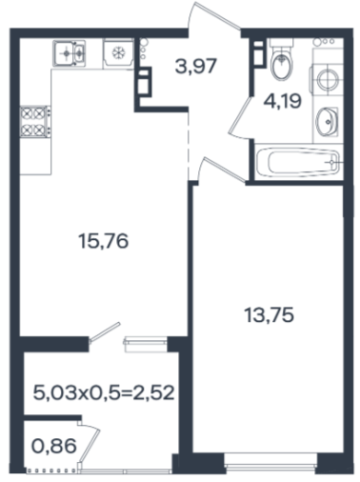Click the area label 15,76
click(x=103, y=241)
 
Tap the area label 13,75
click(x=270, y=315)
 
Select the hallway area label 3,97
click(x=196, y=66)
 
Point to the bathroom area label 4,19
click(x=282, y=102)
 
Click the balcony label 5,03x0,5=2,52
click(x=104, y=393)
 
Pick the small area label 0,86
click(x=54, y=446)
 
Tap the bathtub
click(x=298, y=162)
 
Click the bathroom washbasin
click(x=327, y=122)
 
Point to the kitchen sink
click(x=70, y=53)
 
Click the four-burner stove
click(x=35, y=122)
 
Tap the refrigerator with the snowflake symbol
click(x=118, y=53)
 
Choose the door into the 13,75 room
click(x=222, y=170)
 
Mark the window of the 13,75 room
click(x=270, y=463)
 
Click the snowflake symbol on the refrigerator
click(x=118, y=52)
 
